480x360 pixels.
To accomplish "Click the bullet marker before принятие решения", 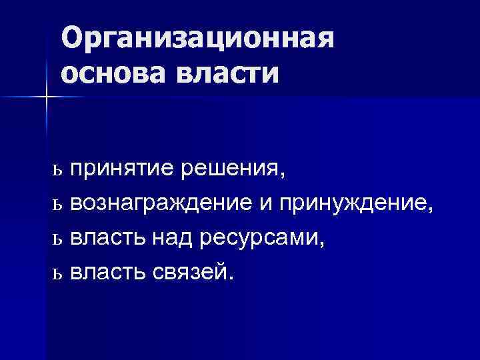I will pyautogui.click(x=57, y=173).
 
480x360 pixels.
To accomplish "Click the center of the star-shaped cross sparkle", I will pyautogui.click(x=47, y=97).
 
